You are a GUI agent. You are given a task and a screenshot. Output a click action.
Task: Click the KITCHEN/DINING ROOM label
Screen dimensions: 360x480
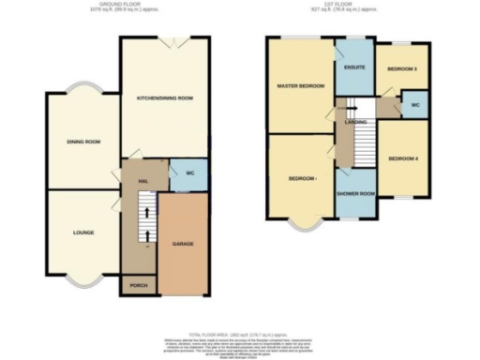165,97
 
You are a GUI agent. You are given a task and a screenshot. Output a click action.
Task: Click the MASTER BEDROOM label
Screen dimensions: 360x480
300,86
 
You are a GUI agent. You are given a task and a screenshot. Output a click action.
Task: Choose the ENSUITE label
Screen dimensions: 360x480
354,67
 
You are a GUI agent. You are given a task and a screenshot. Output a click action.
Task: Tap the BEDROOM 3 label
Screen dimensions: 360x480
402,69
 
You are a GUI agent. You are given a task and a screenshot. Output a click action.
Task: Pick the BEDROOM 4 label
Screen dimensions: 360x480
403,158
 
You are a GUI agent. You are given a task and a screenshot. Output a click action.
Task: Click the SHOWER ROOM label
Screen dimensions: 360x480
356,194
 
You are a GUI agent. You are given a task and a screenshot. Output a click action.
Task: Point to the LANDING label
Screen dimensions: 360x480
355,123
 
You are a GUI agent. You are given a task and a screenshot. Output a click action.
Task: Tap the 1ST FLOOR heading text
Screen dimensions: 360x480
351,6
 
